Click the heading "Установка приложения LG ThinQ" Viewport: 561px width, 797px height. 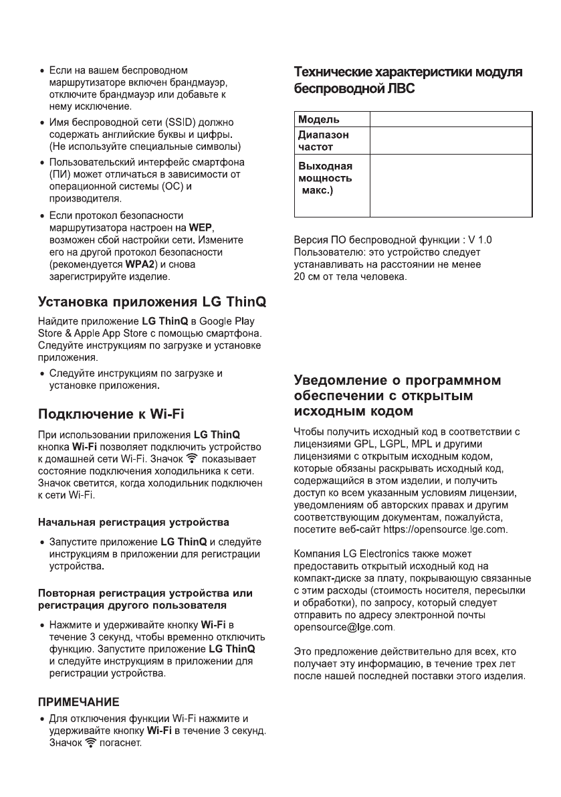pyautogui.click(x=152, y=302)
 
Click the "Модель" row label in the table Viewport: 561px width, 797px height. pyautogui.click(x=318, y=119)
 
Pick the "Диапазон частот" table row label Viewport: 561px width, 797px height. pyautogui.click(x=324, y=139)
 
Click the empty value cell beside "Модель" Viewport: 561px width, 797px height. pyautogui.click(x=451, y=119)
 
